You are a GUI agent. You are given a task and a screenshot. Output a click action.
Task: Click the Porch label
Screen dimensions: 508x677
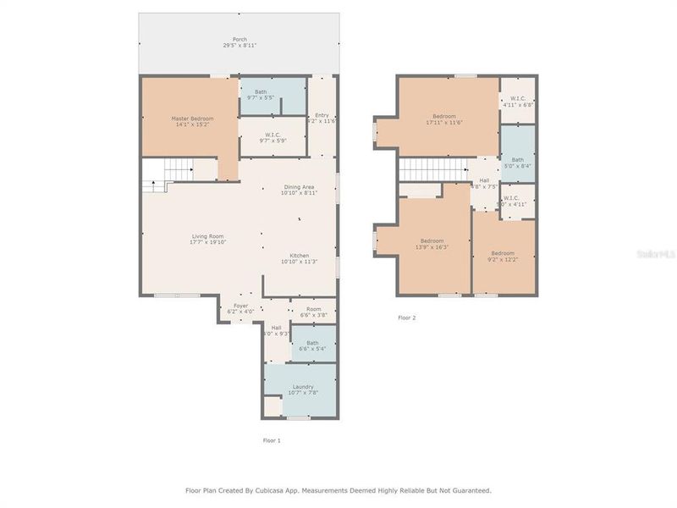[239, 42]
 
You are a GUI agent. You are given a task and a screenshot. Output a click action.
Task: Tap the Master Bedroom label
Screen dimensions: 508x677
[192, 122]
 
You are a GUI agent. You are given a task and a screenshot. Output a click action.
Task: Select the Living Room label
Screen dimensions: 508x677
[208, 239]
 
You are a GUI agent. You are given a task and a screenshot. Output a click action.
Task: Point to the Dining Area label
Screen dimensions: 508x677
[300, 190]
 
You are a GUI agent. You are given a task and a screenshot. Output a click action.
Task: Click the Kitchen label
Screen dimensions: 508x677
[300, 258]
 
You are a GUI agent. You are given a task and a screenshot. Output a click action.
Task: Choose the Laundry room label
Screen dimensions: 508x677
[302, 389]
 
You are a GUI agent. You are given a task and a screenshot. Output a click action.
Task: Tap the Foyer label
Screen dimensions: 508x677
[241, 308]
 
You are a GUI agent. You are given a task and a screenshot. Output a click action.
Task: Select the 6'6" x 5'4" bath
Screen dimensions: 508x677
[313, 345]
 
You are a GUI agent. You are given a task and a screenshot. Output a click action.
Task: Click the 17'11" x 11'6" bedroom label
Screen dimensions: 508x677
[444, 119]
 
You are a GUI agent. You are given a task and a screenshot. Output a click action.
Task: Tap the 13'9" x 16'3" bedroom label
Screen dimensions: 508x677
[432, 245]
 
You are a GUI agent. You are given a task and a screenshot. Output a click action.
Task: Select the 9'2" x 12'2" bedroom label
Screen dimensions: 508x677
[503, 255]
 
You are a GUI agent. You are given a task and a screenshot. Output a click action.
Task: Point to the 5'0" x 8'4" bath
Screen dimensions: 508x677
[517, 162]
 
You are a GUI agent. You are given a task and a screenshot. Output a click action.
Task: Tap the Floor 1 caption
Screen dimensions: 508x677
[271, 440]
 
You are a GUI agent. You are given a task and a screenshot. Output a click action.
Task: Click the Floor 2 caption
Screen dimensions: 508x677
[407, 318]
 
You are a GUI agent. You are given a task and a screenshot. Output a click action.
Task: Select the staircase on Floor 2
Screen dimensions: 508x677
[432, 168]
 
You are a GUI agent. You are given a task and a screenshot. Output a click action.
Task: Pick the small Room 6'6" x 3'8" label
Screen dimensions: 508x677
[314, 312]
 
